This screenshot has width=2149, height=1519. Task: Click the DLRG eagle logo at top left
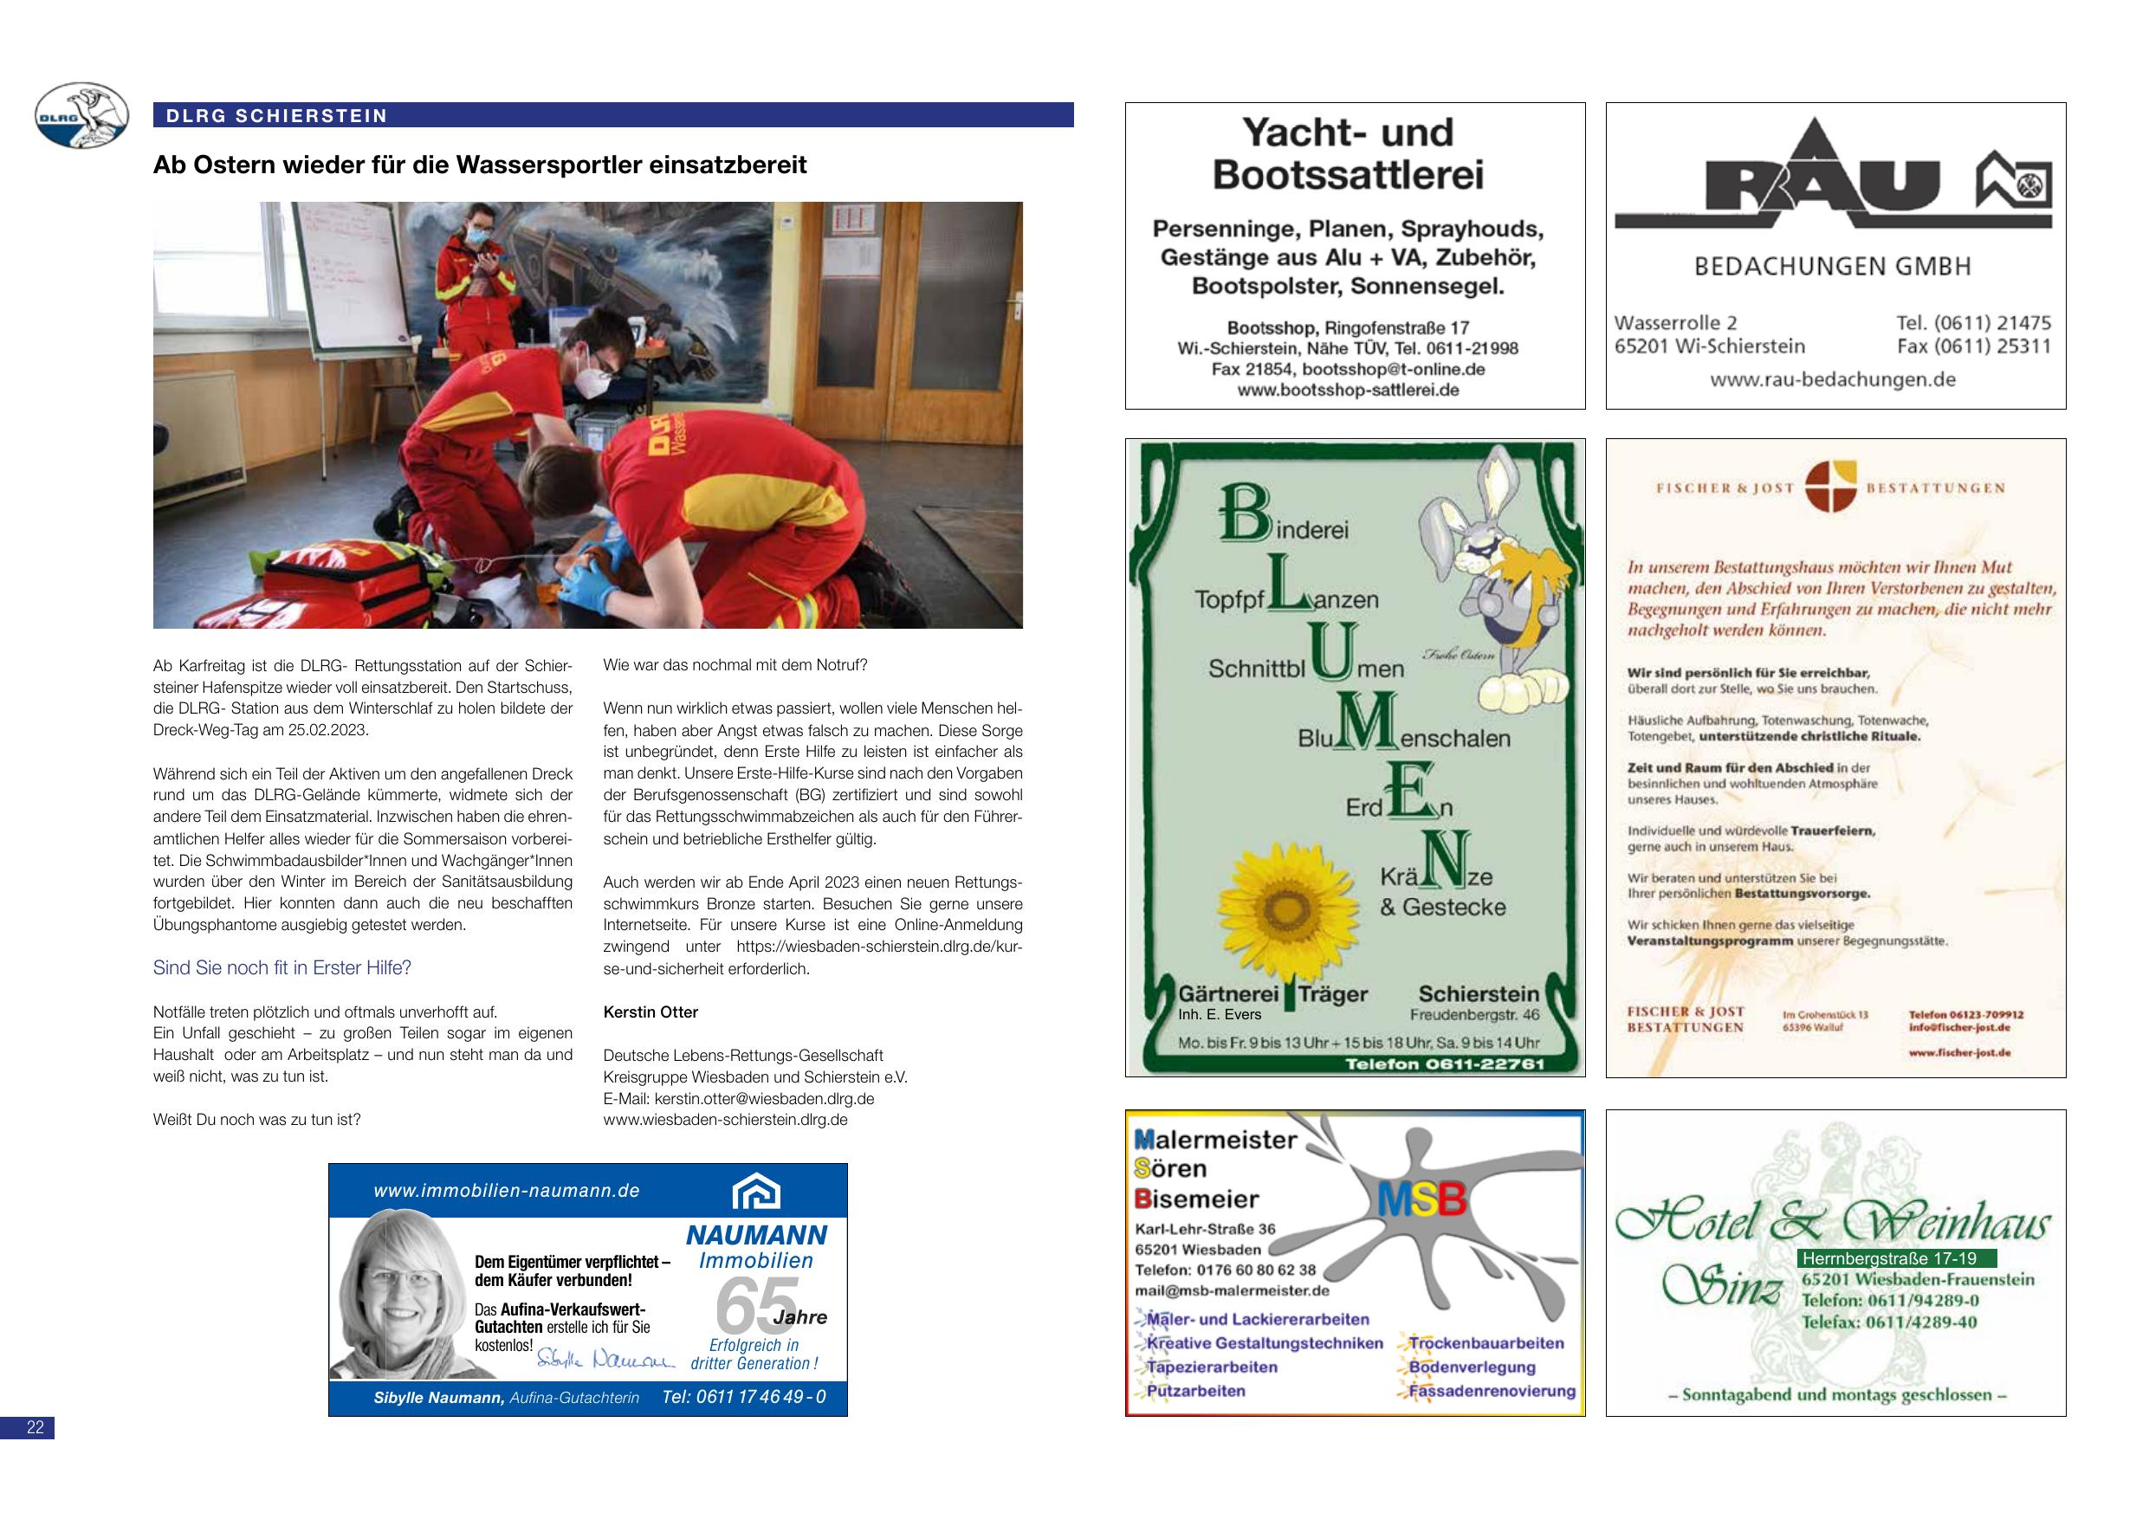click(x=81, y=115)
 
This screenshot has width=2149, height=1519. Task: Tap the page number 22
click(x=36, y=1427)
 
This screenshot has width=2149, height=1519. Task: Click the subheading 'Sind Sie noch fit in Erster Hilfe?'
click(x=282, y=967)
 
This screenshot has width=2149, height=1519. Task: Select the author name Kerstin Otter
click(x=651, y=1012)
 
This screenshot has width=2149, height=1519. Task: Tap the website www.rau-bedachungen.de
click(x=1833, y=379)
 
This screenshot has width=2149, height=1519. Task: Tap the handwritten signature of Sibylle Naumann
click(x=605, y=1358)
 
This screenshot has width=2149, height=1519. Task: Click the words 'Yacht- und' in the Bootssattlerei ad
click(x=1347, y=133)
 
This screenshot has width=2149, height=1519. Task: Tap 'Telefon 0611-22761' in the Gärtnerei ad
click(x=1444, y=1063)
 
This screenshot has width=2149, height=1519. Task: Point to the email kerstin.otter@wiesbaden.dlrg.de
click(x=764, y=1099)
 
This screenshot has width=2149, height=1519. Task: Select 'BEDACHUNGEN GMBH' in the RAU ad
click(x=1833, y=267)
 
